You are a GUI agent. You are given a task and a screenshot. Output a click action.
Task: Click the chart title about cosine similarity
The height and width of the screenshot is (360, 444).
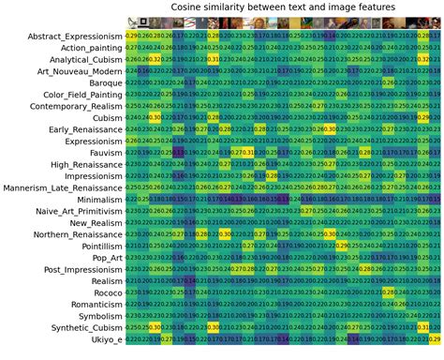point(282,7)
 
